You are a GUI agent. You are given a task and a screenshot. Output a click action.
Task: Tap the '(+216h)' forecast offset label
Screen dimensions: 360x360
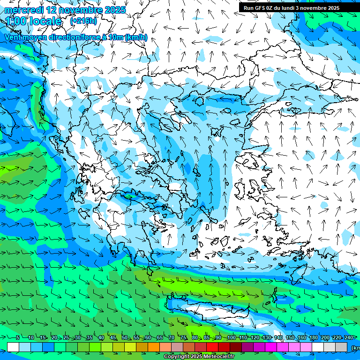83,21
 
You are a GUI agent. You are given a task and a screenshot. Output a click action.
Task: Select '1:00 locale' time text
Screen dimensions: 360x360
34,21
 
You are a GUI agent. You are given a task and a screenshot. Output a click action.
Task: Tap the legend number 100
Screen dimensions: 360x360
231,337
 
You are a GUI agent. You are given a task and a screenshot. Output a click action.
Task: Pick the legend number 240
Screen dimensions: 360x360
348,337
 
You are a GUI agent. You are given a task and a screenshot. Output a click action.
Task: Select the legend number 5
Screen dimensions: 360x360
18,337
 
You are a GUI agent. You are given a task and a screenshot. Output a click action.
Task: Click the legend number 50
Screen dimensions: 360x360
125,337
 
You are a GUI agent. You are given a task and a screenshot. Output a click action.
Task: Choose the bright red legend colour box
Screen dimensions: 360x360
212,347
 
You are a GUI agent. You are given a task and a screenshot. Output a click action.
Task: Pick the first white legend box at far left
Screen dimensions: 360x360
13,347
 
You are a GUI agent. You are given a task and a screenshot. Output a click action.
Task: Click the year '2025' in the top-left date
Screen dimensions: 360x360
115,10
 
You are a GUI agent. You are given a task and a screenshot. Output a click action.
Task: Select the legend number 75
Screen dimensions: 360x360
183,337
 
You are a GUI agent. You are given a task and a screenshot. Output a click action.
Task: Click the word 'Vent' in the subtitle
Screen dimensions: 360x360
14,37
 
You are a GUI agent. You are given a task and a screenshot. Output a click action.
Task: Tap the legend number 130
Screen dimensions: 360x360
266,337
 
